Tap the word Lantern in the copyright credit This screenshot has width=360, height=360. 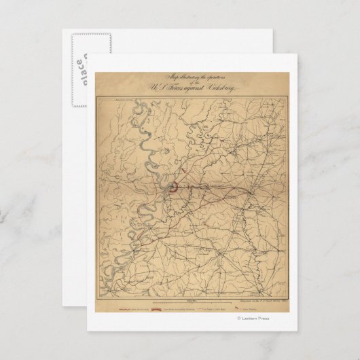[x=253, y=318]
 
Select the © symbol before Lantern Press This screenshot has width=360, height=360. [x=238, y=318]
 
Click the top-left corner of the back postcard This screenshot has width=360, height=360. [x=63, y=30]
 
